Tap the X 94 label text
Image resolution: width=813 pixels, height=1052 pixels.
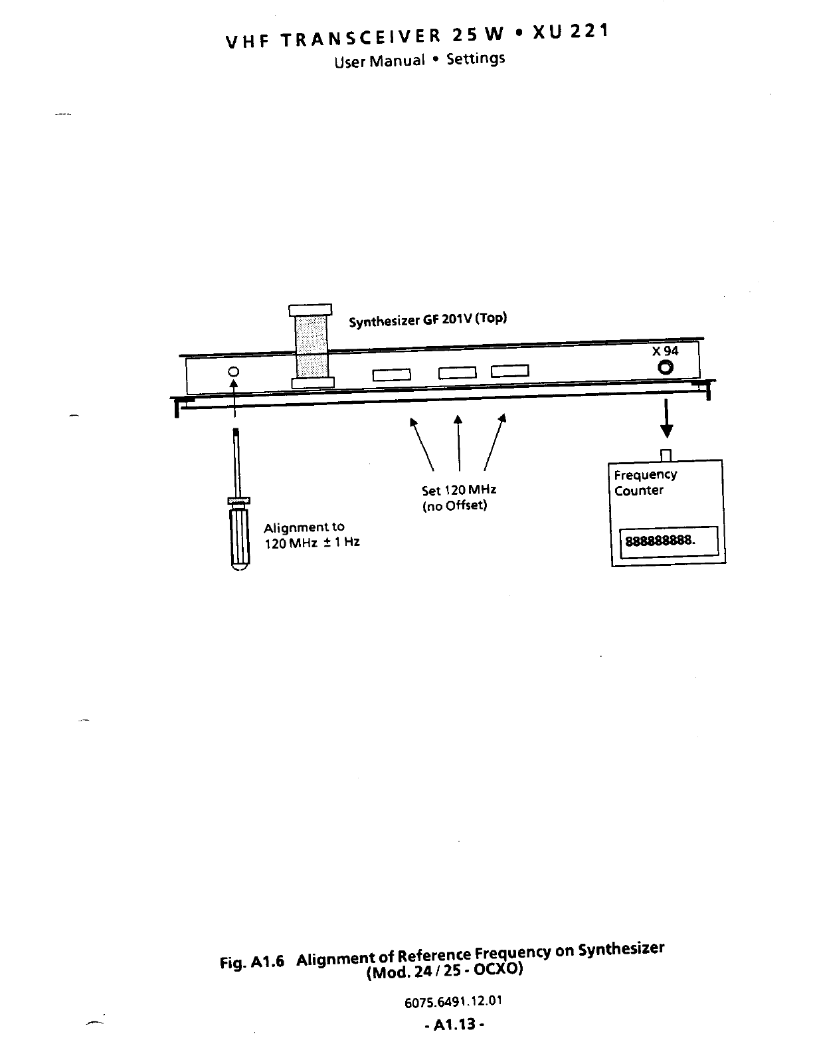[x=665, y=351]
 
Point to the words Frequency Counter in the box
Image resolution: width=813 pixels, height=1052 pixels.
[x=644, y=483]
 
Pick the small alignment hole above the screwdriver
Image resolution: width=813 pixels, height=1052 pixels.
[x=233, y=372]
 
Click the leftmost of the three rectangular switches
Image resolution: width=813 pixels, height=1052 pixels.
[x=391, y=375]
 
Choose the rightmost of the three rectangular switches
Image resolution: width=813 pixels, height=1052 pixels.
[x=509, y=372]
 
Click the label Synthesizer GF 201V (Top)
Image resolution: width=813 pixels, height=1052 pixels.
[x=428, y=319]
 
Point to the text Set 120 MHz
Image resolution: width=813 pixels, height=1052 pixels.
[x=459, y=491]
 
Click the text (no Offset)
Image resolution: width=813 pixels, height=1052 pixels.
[x=454, y=506]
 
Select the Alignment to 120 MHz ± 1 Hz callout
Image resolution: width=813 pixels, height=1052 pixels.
[x=311, y=535]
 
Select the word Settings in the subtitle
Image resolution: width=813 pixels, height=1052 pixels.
[x=476, y=59]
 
